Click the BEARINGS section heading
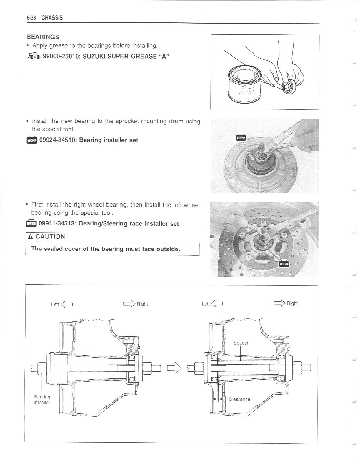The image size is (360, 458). (x=43, y=37)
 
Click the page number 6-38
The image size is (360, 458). (x=31, y=18)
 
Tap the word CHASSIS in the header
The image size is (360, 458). (x=52, y=18)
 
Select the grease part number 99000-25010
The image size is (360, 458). (x=61, y=57)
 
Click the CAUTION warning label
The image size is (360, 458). (x=47, y=236)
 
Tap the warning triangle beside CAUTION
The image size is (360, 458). (x=30, y=236)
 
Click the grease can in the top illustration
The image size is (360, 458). (x=244, y=84)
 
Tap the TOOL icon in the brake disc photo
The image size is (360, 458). (x=284, y=263)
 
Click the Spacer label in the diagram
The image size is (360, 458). (x=241, y=343)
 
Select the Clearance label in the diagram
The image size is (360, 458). (x=239, y=399)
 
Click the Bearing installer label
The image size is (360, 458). (x=42, y=400)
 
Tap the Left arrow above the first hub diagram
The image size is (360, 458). (x=67, y=304)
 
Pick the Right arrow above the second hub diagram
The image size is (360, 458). (x=279, y=303)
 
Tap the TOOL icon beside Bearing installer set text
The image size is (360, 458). (x=32, y=140)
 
